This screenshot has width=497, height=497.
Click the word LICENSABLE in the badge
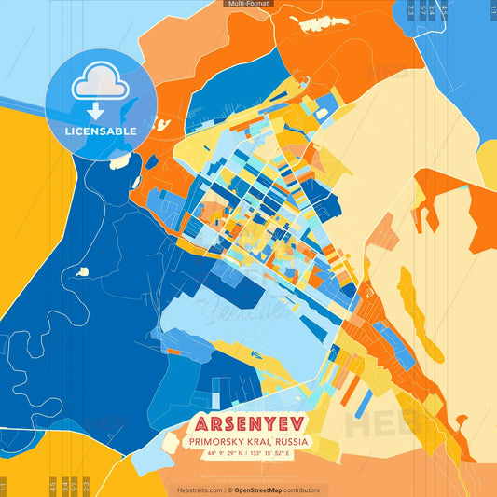tap(101, 131)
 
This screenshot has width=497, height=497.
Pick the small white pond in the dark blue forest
tap(83, 271)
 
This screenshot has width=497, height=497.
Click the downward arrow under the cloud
tap(100, 111)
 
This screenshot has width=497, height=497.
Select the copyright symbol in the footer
tap(228, 490)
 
